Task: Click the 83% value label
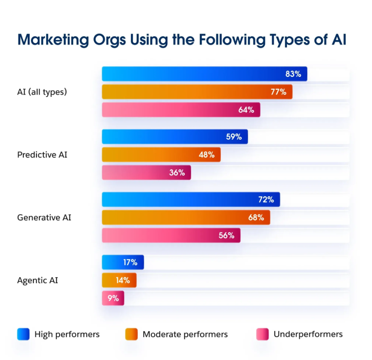(293, 74)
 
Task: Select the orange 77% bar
(197, 92)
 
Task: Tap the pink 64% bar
(181, 110)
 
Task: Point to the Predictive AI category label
(42, 155)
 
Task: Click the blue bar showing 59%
(174, 137)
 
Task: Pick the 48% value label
(206, 155)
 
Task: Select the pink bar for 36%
(146, 173)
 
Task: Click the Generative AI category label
(44, 217)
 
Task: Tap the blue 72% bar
(191, 200)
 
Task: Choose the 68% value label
(256, 217)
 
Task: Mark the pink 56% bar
(171, 235)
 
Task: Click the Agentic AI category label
(37, 280)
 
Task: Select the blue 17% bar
(122, 262)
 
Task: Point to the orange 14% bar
(119, 280)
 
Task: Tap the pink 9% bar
(113, 298)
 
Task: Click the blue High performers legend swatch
(23, 334)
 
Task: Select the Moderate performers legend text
(185, 334)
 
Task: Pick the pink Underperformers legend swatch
(262, 334)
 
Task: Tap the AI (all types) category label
(42, 92)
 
